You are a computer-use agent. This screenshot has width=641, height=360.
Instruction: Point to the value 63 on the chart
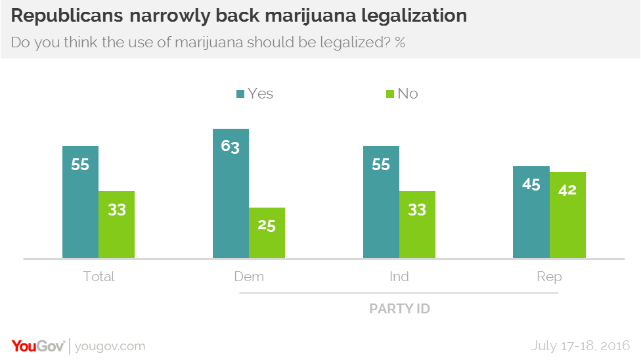231,146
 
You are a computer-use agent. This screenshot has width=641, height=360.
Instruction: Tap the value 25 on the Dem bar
267,225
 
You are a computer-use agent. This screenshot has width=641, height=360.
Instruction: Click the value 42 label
567,190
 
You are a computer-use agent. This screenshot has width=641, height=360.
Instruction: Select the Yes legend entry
254,93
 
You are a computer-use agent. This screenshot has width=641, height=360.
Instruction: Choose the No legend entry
401,93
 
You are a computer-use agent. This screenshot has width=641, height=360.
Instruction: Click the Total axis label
99,277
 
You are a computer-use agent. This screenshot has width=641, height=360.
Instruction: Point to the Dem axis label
249,277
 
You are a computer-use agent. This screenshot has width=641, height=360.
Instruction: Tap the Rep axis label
549,277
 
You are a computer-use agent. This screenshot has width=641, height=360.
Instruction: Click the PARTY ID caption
399,308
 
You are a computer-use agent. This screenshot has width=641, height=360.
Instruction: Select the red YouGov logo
37,346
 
